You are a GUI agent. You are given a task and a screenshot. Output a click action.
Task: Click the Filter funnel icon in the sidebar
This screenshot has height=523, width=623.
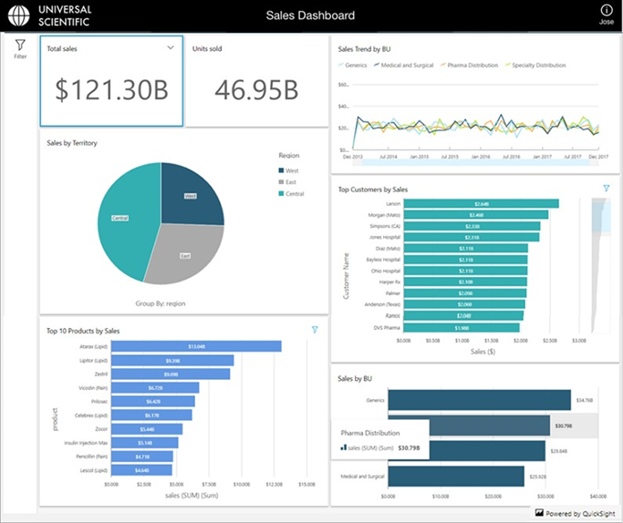tap(20, 45)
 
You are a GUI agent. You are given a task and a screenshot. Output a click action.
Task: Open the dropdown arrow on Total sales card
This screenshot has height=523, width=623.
tap(171, 48)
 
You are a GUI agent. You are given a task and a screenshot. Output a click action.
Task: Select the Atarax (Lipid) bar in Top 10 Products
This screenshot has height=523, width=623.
tap(195, 346)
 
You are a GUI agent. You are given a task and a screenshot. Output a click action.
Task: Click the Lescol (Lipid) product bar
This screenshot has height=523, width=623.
tap(141, 469)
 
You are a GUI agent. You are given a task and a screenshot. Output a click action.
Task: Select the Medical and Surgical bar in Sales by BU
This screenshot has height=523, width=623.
tap(456, 475)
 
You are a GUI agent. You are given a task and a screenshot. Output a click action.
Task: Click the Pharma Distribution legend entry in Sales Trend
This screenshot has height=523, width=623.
tap(472, 66)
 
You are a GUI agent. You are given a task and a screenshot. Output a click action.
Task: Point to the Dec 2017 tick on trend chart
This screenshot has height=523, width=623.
tap(598, 157)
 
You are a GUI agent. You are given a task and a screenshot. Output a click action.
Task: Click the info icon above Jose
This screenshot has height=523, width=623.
tap(606, 11)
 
